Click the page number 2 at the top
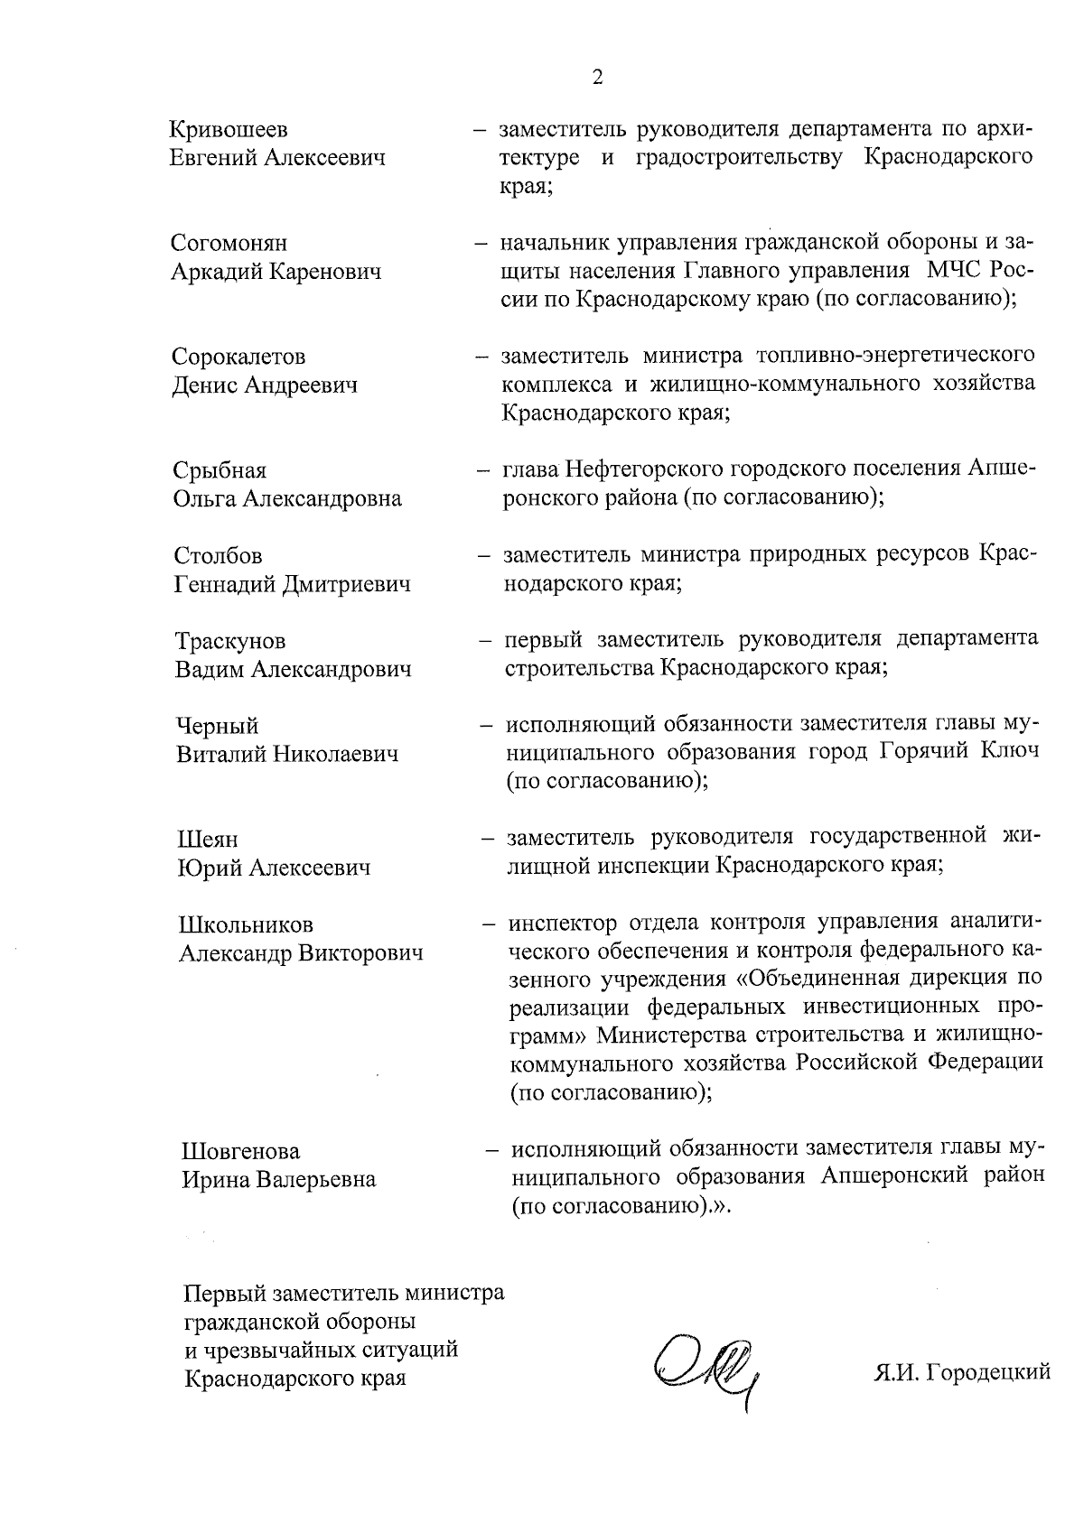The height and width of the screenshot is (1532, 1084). (597, 77)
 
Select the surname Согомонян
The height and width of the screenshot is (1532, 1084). (229, 244)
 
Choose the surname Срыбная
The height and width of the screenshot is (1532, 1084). (220, 471)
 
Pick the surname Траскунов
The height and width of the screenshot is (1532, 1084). (230, 642)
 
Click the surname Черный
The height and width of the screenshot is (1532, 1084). (217, 727)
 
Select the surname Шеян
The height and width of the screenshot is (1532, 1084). (208, 840)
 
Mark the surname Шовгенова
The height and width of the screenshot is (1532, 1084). (240, 1153)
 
